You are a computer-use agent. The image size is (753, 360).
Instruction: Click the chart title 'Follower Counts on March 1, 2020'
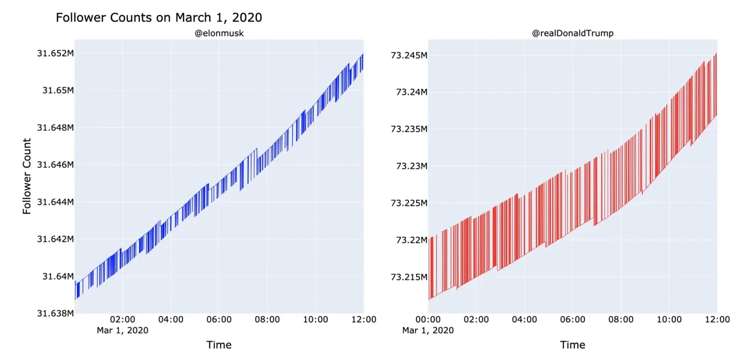point(159,18)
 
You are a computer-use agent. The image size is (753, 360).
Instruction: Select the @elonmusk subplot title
point(219,33)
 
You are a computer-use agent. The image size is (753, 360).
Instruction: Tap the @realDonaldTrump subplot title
point(572,33)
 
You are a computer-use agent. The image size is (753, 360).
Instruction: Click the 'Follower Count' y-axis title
point(27,176)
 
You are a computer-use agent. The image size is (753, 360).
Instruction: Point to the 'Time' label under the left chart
point(219,345)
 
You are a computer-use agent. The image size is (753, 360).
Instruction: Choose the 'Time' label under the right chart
point(572,345)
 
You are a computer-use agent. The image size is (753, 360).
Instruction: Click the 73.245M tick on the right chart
point(409,55)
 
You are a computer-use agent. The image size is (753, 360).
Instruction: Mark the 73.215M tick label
point(409,277)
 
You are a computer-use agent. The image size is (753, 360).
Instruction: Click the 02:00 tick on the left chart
point(122,320)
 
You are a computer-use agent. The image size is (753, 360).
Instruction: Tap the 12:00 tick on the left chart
point(363,320)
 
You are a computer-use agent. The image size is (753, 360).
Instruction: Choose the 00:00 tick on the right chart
point(428,320)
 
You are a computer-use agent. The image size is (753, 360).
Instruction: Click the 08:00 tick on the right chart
point(620,320)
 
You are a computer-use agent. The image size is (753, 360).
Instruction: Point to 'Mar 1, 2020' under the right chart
point(428,330)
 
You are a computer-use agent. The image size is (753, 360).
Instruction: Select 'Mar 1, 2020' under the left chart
point(122,330)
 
